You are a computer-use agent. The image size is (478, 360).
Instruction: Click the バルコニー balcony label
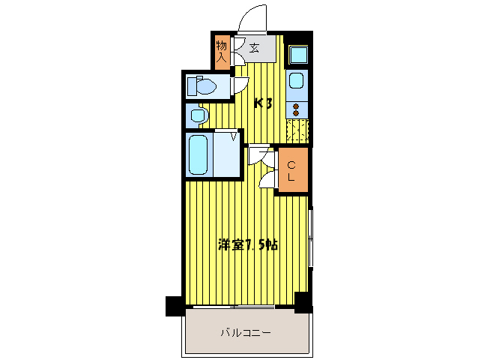point(246,332)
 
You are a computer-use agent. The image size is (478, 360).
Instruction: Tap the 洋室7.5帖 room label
point(248,244)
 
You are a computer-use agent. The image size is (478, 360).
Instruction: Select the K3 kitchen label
point(263,103)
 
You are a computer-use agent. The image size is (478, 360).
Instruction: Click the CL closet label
point(291,171)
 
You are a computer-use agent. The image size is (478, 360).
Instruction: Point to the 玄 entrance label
point(254,48)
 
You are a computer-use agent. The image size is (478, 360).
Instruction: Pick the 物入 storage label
point(221,52)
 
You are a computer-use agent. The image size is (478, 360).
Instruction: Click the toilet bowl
point(202,85)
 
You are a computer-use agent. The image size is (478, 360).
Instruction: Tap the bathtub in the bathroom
point(198,154)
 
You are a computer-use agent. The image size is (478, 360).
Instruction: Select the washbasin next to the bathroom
point(199,115)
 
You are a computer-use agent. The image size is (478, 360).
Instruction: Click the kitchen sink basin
point(296,80)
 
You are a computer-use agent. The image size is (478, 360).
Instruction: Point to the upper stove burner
point(296,106)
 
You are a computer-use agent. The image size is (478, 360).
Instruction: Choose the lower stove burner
point(296,113)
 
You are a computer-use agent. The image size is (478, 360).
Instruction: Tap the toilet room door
point(241,85)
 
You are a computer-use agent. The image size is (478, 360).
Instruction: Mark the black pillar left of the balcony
point(174,306)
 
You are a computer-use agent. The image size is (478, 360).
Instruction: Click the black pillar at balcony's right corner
point(303,303)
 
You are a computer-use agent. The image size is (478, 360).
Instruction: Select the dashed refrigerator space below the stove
point(298,130)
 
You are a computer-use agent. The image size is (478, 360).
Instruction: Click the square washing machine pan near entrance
point(298,55)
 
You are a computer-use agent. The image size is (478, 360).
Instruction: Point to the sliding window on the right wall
point(311,237)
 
